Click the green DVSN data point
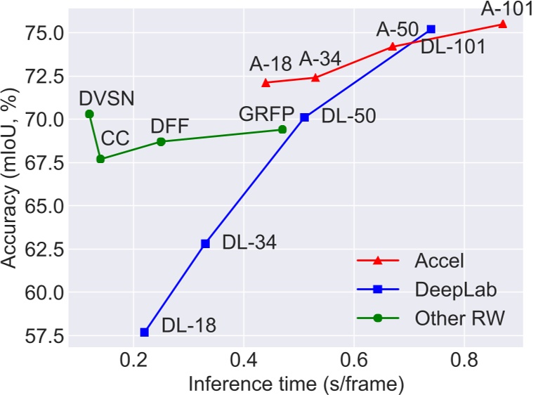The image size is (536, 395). point(89,114)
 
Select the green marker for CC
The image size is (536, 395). point(100,159)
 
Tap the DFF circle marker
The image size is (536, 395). point(161,141)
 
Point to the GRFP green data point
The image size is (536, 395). point(282,129)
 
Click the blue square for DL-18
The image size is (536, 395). point(145,332)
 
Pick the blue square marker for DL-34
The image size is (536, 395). point(205,243)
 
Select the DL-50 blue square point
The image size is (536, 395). point(304,117)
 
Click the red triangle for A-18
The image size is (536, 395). point(266,83)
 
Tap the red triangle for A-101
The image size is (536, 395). point(502,24)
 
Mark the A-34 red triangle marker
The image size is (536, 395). point(315,77)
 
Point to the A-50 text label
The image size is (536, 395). point(398,30)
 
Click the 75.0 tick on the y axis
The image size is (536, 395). point(45,32)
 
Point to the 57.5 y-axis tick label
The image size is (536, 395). point(45,337)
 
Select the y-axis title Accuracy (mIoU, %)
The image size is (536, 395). point(10,180)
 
